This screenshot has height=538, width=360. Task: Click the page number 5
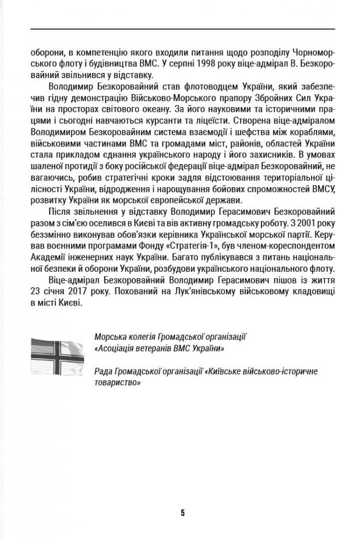pyautogui.click(x=183, y=513)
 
